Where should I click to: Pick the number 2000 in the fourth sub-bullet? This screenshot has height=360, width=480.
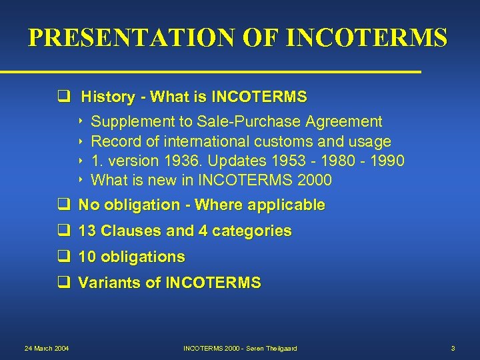pos(314,180)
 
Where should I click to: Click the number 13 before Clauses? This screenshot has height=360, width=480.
pos(87,231)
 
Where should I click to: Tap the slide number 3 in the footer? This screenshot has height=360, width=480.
pos(453,349)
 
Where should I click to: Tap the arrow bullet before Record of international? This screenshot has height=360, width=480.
pos(81,141)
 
